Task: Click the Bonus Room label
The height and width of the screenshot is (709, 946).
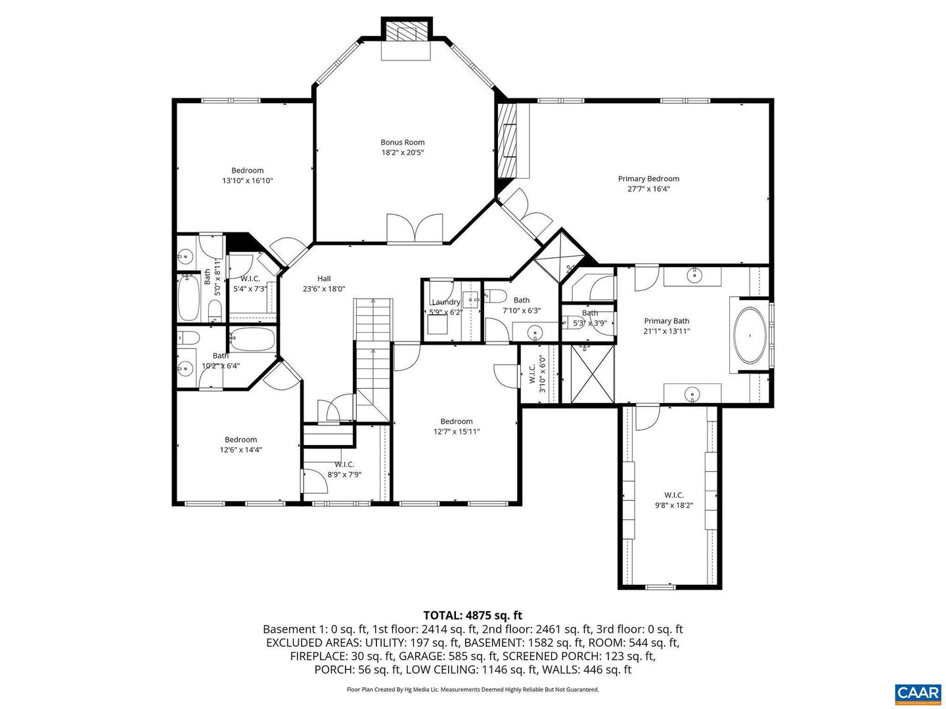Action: pos(403,142)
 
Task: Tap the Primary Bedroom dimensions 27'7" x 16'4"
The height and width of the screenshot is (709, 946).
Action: pos(648,189)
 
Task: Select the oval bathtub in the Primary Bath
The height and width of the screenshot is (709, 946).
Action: pos(750,335)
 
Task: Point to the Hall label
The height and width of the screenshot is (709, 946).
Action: pos(324,279)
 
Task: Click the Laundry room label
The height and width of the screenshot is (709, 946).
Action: pos(446,302)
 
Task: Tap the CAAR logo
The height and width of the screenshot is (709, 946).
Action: pos(917,693)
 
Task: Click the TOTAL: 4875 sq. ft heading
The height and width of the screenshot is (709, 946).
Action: pos(472,615)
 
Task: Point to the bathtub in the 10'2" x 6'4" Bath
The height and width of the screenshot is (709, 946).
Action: pos(252,339)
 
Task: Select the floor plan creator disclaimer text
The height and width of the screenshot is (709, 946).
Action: pos(472,689)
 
